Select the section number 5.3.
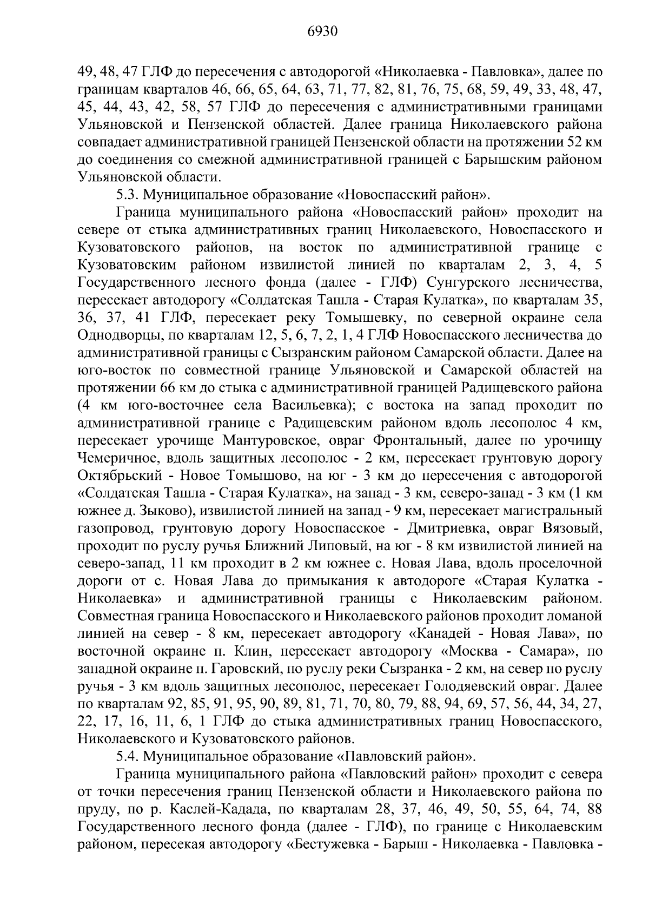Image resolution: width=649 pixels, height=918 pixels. (128, 194)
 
